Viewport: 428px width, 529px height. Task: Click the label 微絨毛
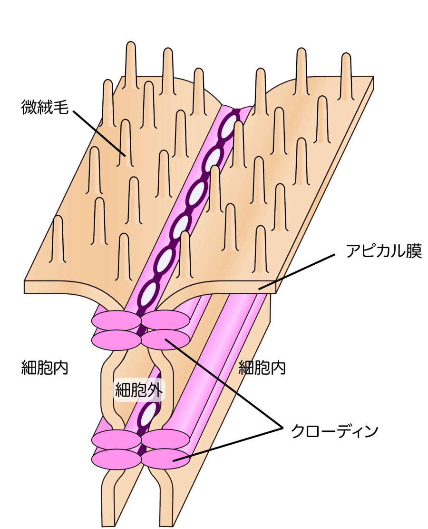click(x=45, y=107)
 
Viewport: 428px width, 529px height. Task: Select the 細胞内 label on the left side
click(x=45, y=368)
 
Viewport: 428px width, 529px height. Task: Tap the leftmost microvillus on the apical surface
click(x=58, y=238)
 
